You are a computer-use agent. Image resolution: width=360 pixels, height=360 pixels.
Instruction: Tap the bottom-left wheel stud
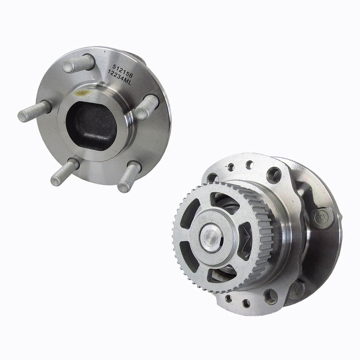[64, 172]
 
